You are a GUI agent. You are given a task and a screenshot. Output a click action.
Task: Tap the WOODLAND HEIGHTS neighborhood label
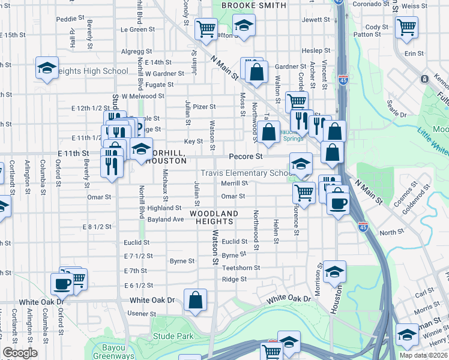tap(214, 217)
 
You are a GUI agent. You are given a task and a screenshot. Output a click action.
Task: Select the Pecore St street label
tap(246, 156)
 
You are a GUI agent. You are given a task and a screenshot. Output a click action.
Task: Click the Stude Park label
tap(173, 336)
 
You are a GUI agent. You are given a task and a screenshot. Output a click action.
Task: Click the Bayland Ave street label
tap(166, 220)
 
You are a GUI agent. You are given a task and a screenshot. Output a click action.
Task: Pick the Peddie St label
tap(67, 19)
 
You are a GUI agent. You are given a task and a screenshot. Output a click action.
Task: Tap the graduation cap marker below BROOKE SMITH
tap(244, 26)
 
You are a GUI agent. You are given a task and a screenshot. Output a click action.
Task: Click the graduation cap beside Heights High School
tap(46, 68)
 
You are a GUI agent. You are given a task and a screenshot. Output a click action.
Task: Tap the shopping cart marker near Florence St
tap(304, 193)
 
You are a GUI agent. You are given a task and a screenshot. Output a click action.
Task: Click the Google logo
tap(20, 353)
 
